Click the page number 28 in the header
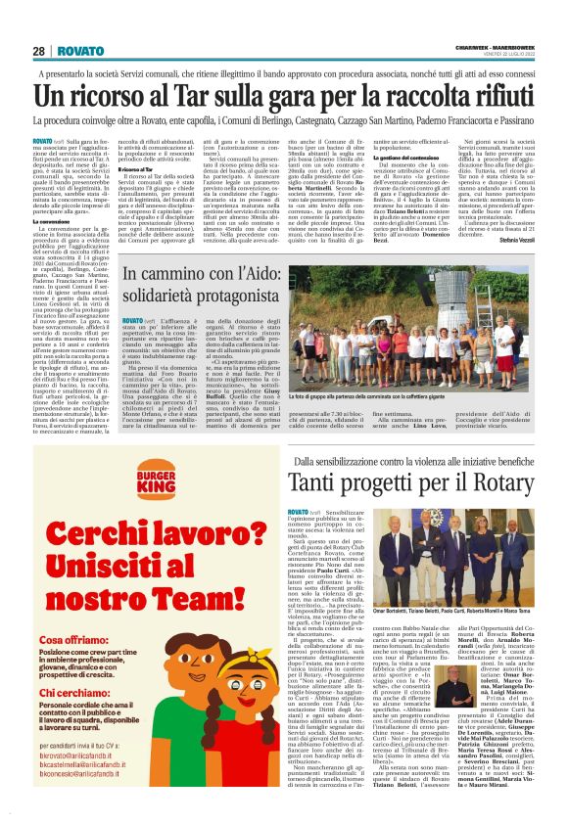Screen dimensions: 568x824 (38, 51)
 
